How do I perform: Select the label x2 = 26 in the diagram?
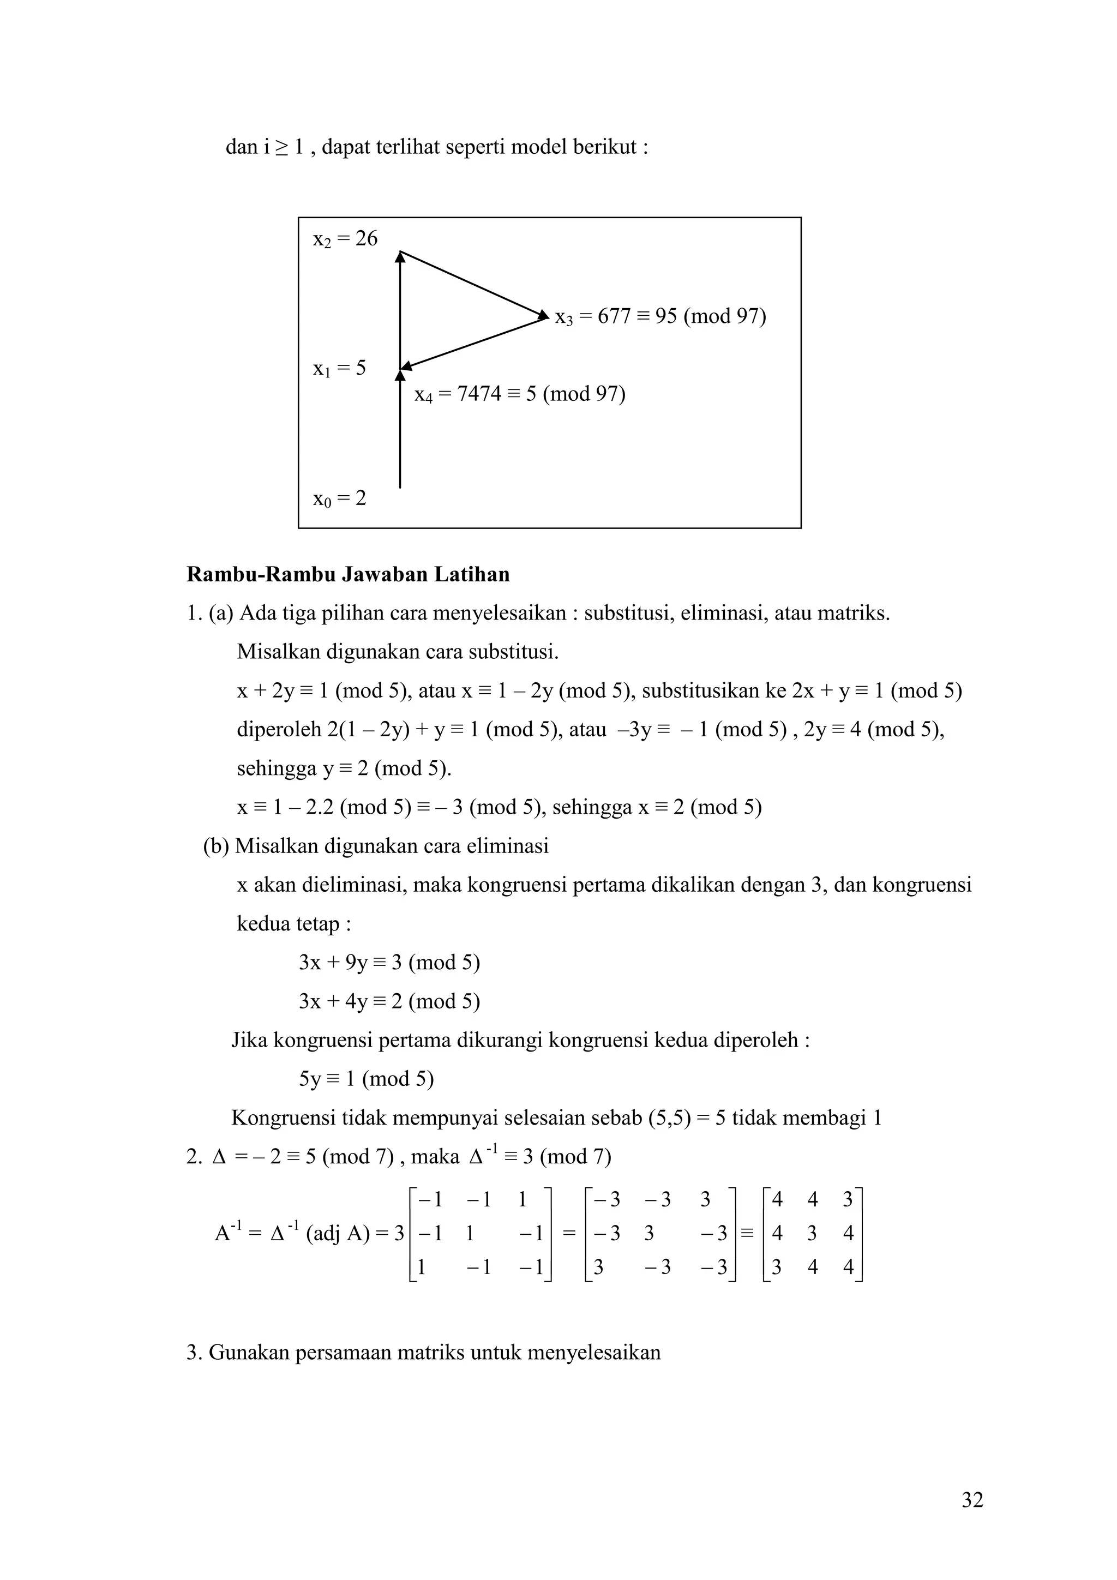tap(345, 239)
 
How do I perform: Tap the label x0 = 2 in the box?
tap(339, 498)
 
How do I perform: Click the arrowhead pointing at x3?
tap(543, 315)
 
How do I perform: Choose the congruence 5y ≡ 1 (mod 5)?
tap(366, 1078)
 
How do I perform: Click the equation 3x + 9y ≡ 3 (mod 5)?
tap(389, 962)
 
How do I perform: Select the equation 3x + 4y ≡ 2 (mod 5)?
tap(389, 1001)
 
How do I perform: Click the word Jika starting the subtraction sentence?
tap(249, 1040)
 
